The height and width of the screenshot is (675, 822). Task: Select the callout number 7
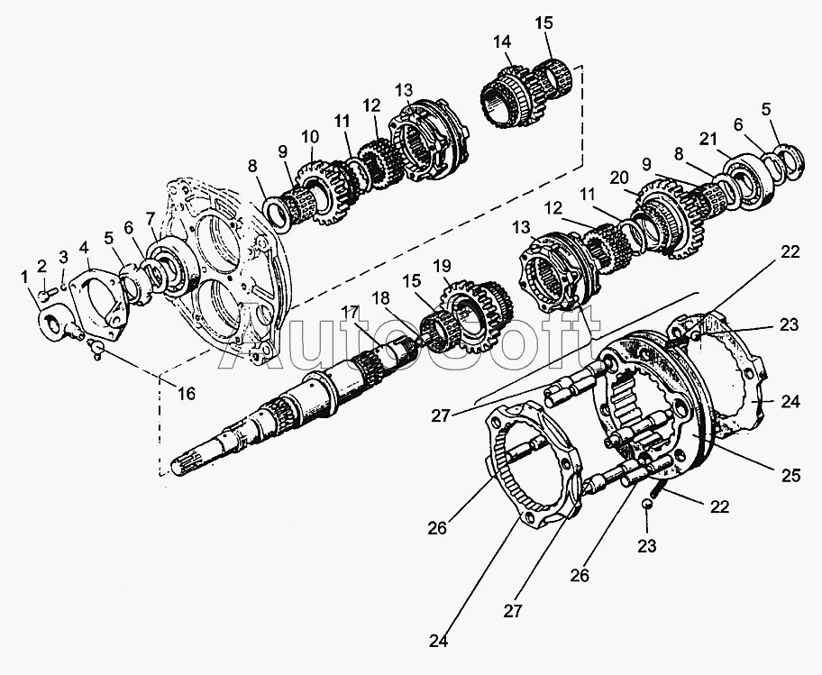pos(151,217)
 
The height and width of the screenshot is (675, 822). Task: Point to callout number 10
pos(309,138)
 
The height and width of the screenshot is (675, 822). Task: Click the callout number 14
pos(502,41)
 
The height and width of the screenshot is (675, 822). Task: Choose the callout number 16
pos(186,393)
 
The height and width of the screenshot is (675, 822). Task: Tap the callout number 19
pos(443,266)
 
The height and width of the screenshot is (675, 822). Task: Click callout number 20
pos(618,178)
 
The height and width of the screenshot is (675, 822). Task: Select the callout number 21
pos(708,139)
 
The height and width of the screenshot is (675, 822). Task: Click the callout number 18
pos(381,298)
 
